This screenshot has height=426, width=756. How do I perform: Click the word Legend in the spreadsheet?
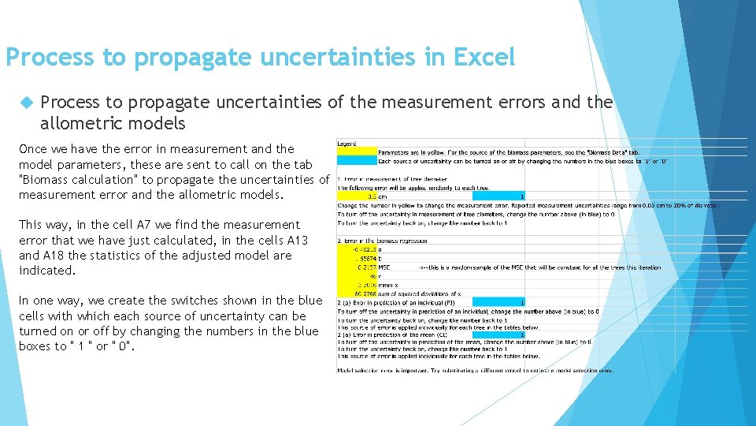coord(347,144)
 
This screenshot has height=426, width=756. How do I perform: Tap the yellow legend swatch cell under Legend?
coord(356,151)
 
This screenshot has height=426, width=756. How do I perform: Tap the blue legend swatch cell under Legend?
coord(356,161)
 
